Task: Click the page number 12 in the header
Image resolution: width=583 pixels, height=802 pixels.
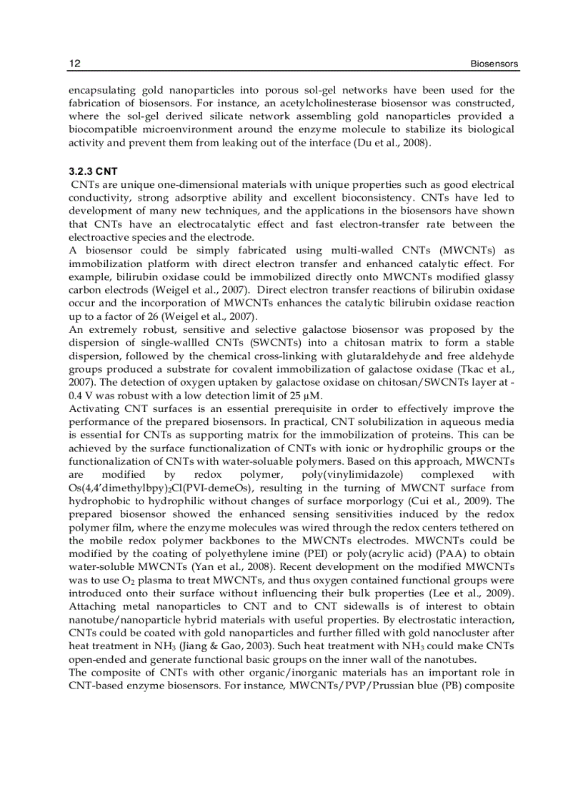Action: [74, 64]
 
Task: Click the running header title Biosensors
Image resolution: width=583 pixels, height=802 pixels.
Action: [494, 64]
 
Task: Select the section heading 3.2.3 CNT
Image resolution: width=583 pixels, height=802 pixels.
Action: [93, 171]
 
